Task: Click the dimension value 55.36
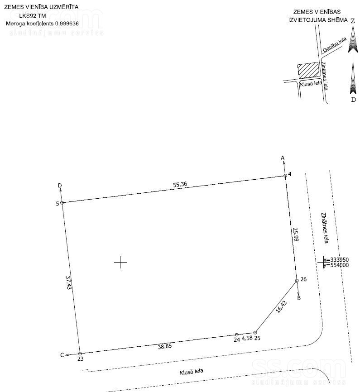point(180,185)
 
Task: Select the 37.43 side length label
point(68,282)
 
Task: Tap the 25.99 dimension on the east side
point(296,234)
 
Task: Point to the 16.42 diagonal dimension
point(282,307)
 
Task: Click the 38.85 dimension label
point(165,346)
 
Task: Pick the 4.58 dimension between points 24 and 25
point(247,338)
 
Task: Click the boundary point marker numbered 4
point(285,176)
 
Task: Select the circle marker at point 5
point(62,202)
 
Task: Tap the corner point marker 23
point(80,354)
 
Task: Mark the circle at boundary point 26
point(297,281)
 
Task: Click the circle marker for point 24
point(237,335)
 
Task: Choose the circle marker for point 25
point(255,333)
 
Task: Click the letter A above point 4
point(283,158)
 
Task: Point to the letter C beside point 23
point(62,355)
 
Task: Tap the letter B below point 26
point(299,298)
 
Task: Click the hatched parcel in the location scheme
point(308,70)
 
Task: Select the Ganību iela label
point(335,44)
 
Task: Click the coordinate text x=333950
point(336,259)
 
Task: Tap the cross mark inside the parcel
point(120,262)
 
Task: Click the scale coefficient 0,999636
point(67,24)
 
